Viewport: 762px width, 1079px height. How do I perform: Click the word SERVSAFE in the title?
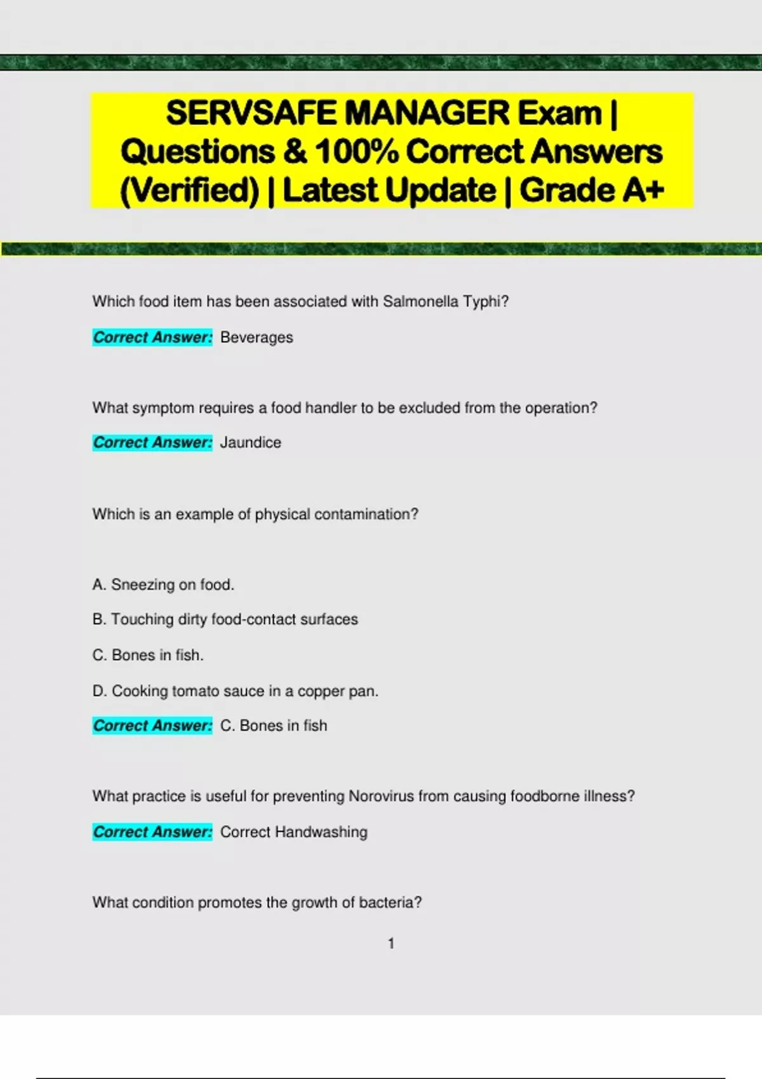pyautogui.click(x=251, y=113)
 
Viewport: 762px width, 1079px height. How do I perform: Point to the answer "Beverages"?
pyautogui.click(x=257, y=338)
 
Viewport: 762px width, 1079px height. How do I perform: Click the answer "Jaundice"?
pyautogui.click(x=250, y=442)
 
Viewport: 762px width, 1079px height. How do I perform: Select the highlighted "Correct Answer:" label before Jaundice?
pyautogui.click(x=152, y=442)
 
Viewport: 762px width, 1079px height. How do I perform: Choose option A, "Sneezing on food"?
pyautogui.click(x=163, y=585)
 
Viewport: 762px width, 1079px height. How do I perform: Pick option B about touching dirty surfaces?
pyautogui.click(x=225, y=619)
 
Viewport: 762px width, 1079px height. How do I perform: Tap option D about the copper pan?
pyautogui.click(x=235, y=691)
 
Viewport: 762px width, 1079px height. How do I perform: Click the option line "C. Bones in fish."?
pyautogui.click(x=148, y=655)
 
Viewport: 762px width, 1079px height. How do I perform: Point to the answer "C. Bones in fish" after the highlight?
pyautogui.click(x=273, y=725)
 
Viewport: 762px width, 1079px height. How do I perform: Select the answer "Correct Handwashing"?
pyautogui.click(x=293, y=832)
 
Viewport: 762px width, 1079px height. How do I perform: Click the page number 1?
pyautogui.click(x=391, y=944)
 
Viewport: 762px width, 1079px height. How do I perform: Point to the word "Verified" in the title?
pyautogui.click(x=190, y=190)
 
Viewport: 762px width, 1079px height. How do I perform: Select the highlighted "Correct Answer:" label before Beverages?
pyautogui.click(x=152, y=338)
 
